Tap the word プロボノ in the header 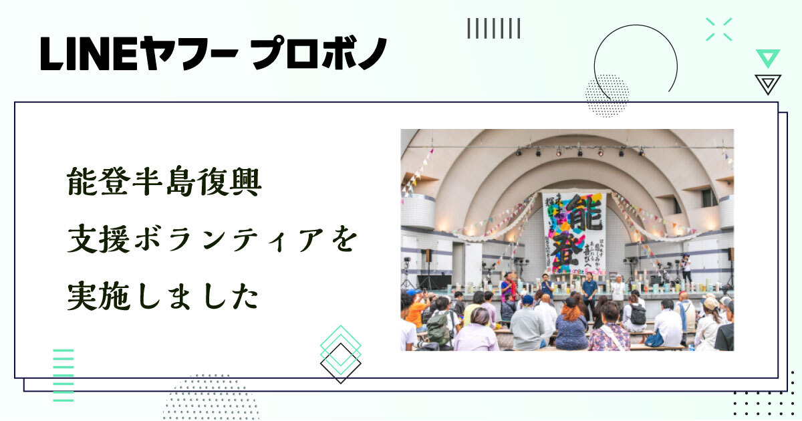319,54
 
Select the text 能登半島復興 164,182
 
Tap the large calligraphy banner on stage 573,231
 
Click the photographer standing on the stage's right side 686,267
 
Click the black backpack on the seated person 638,315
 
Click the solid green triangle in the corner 768,57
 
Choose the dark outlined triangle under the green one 768,84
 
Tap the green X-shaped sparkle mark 718,29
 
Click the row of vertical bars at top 493,28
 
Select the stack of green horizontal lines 63,375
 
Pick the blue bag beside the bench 654,339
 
